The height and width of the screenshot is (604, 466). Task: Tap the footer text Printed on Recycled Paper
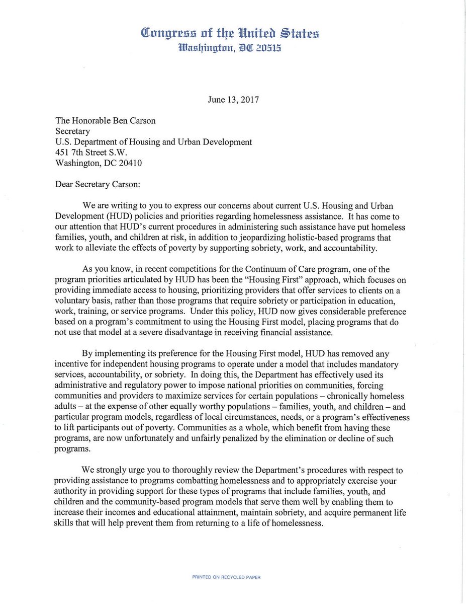point(226,577)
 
